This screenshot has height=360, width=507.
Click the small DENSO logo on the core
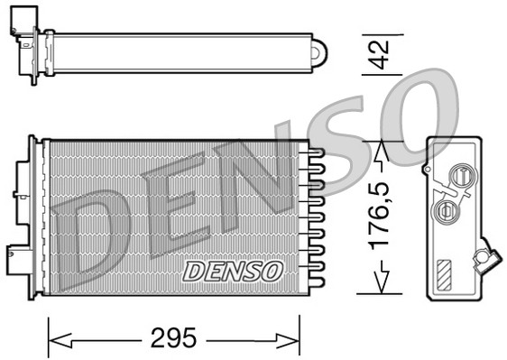pos(234,270)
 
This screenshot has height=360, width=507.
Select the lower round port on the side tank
pos(444,212)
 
